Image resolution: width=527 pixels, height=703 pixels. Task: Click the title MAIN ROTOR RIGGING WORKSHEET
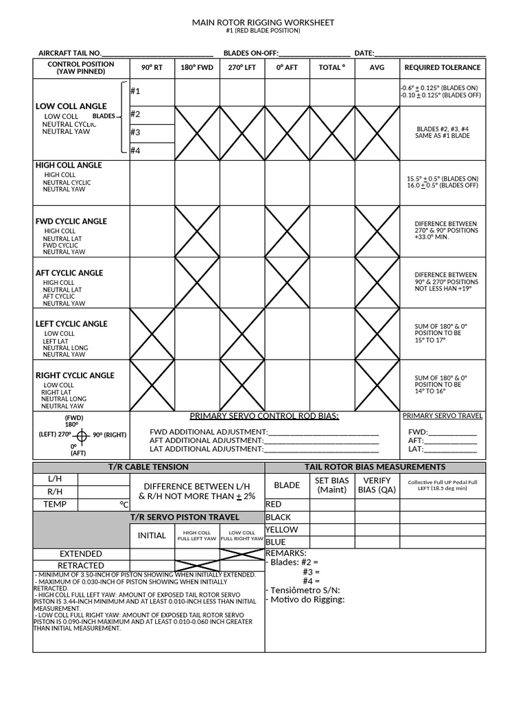click(263, 23)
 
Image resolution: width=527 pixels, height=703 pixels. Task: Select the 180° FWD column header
click(197, 67)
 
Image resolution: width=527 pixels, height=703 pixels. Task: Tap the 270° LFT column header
click(242, 67)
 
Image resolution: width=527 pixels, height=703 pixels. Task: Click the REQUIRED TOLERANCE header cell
click(443, 67)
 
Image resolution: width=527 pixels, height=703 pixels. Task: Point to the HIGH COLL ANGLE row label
click(69, 165)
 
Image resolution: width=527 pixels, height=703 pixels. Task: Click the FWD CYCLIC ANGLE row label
click(71, 221)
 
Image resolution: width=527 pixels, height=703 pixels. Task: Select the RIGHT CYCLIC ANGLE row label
click(75, 376)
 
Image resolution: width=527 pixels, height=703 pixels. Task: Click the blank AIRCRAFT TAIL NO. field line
click(157, 54)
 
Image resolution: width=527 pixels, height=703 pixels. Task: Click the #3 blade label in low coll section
click(135, 132)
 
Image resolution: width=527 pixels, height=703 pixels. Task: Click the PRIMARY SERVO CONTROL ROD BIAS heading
click(264, 416)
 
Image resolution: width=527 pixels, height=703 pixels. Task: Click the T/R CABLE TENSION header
click(148, 467)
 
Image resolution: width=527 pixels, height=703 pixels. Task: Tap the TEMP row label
click(55, 504)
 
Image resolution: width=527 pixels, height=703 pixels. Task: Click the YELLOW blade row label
click(281, 529)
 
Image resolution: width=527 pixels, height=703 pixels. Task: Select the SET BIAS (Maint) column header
click(332, 485)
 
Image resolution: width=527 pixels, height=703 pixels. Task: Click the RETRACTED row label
click(81, 565)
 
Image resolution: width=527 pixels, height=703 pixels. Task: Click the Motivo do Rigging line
click(305, 599)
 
